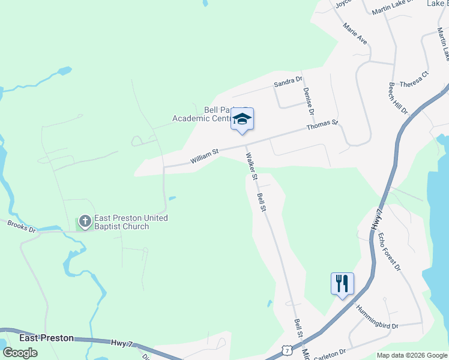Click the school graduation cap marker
coord(242,119)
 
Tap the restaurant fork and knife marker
coord(342,283)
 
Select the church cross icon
coord(85,222)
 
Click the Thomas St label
coord(322,125)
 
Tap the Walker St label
coord(251,167)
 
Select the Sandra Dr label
coord(288,81)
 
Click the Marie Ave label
coord(355,34)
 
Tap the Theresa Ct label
coord(415,80)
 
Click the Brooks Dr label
coord(22,226)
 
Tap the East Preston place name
coord(46,338)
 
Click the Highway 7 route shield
coord(289,349)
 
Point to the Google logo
coord(20,352)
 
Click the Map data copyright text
coord(412,355)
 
